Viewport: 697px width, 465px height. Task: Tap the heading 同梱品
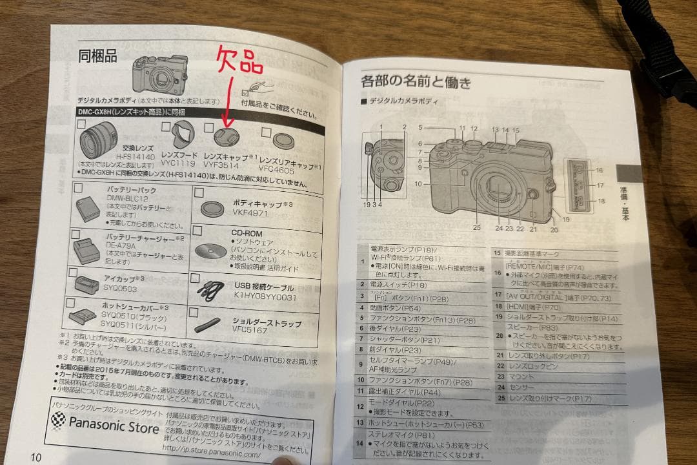(97, 56)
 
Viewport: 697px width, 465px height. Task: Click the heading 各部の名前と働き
(416, 82)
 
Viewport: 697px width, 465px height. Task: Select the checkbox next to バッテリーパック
(79, 189)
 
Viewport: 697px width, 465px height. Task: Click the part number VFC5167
(250, 329)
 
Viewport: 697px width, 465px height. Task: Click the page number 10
(35, 457)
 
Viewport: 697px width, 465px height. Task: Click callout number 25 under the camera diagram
(476, 227)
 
